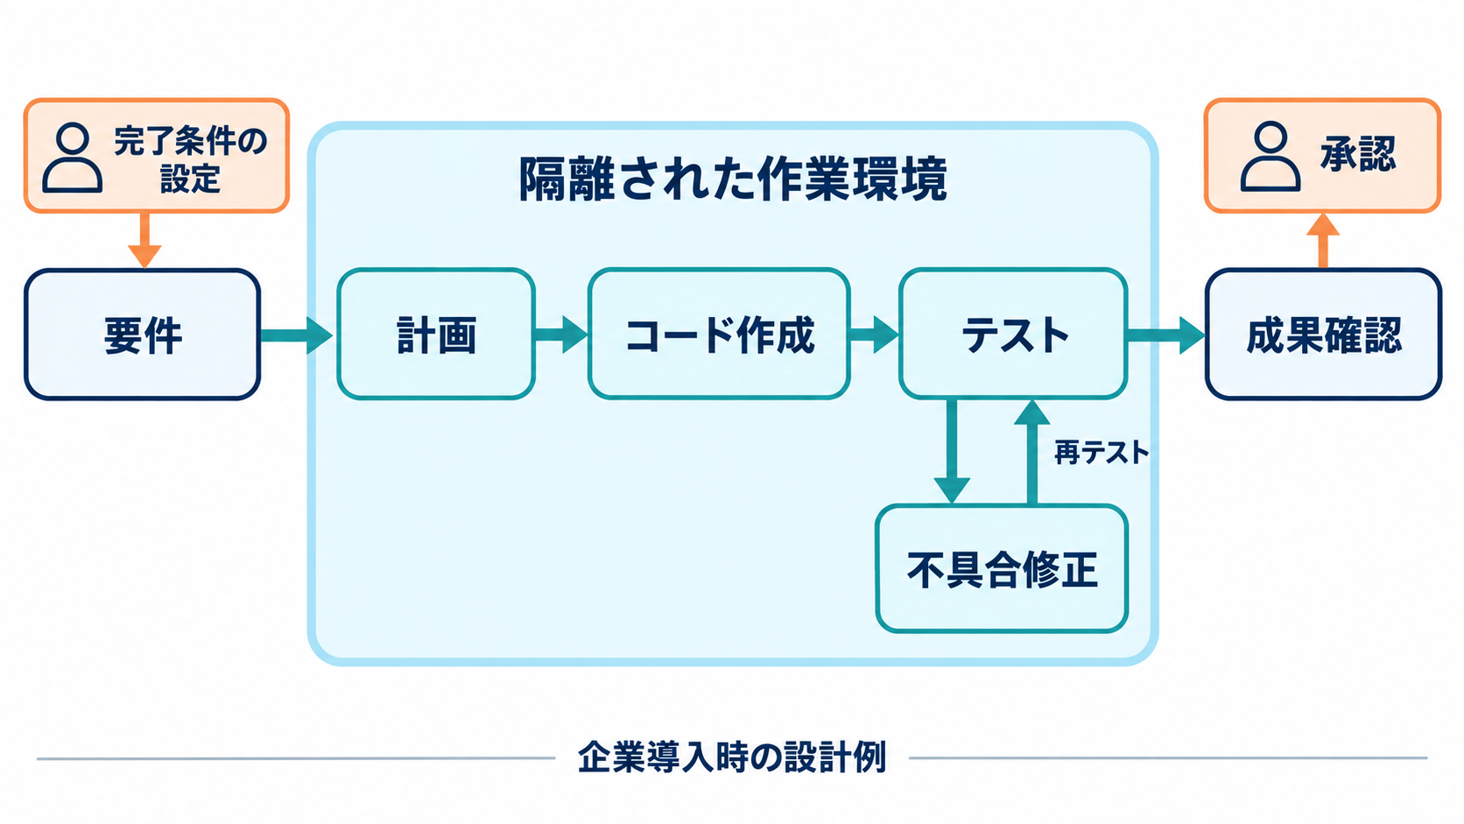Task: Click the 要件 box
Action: tap(143, 334)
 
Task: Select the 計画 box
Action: tap(436, 334)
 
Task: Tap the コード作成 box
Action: tap(719, 334)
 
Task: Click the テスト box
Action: tap(1013, 334)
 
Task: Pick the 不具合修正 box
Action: tap(1002, 568)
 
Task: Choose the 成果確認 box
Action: tap(1324, 334)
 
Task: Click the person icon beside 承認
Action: tap(1270, 157)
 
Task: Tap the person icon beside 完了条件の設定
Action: tap(73, 158)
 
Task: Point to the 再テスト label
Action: tap(1102, 452)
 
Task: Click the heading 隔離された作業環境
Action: tap(733, 179)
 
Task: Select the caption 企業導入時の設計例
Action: tap(732, 757)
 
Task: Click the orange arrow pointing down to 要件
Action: tap(144, 241)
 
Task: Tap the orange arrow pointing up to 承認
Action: tap(1323, 241)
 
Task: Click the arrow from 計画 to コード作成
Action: tap(561, 335)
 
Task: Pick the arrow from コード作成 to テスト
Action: tap(874, 335)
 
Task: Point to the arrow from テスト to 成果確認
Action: tap(1166, 335)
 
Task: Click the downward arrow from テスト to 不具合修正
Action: tap(952, 451)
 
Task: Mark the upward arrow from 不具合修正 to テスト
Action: tap(1032, 452)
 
